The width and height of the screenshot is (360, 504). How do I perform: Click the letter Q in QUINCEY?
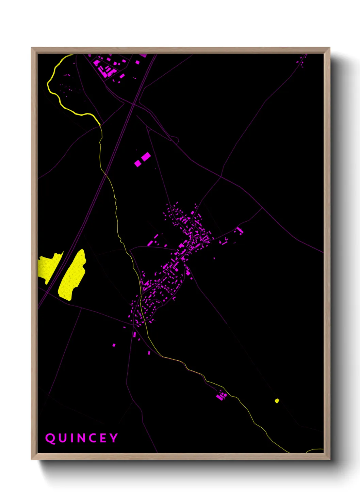(50, 438)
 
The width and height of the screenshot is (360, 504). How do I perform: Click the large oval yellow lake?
(72, 275)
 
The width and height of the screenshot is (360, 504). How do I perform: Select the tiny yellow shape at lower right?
(277, 401)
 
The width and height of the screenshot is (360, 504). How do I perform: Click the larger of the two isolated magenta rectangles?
(146, 157)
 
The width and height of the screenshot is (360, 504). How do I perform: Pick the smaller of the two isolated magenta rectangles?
(137, 163)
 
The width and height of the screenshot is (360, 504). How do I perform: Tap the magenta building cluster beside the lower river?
(222, 396)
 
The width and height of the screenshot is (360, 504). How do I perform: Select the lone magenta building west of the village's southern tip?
(114, 345)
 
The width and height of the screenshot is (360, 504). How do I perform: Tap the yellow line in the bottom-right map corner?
(315, 450)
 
